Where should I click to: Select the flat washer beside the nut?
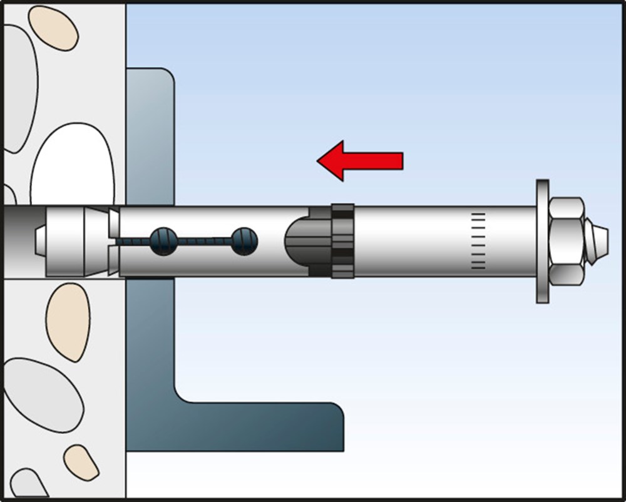pyautogui.click(x=542, y=241)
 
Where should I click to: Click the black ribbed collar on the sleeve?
pyautogui.click(x=342, y=241)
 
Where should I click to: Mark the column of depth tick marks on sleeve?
pyautogui.click(x=478, y=241)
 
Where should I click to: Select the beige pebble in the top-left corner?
pyautogui.click(x=53, y=28)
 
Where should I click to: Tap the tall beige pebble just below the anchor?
pyautogui.click(x=68, y=321)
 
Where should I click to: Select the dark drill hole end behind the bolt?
pyautogui.click(x=16, y=241)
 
